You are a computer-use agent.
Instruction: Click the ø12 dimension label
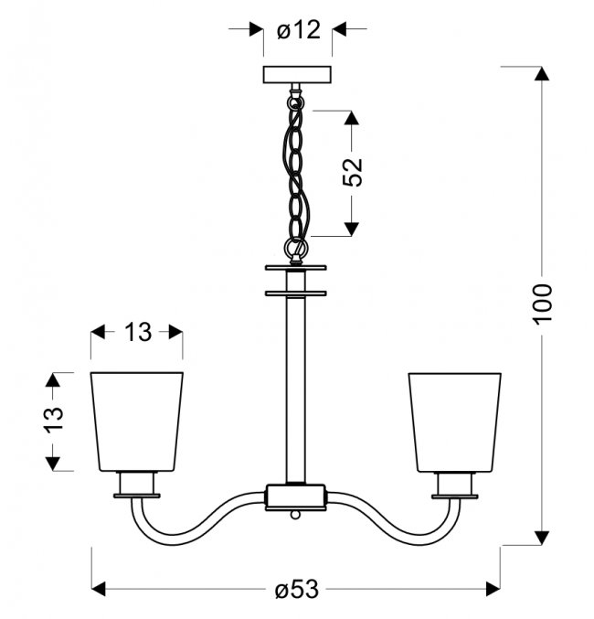click(299, 30)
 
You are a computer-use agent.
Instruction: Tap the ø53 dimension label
click(296, 590)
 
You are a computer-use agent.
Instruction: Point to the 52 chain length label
click(352, 172)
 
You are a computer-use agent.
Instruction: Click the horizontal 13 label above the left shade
click(138, 332)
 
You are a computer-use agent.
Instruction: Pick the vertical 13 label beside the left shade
click(54, 421)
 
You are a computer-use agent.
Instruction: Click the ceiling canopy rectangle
click(297, 75)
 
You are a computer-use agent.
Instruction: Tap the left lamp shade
click(136, 422)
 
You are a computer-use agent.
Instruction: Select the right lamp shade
click(455, 422)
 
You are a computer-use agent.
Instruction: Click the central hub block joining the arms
click(296, 497)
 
